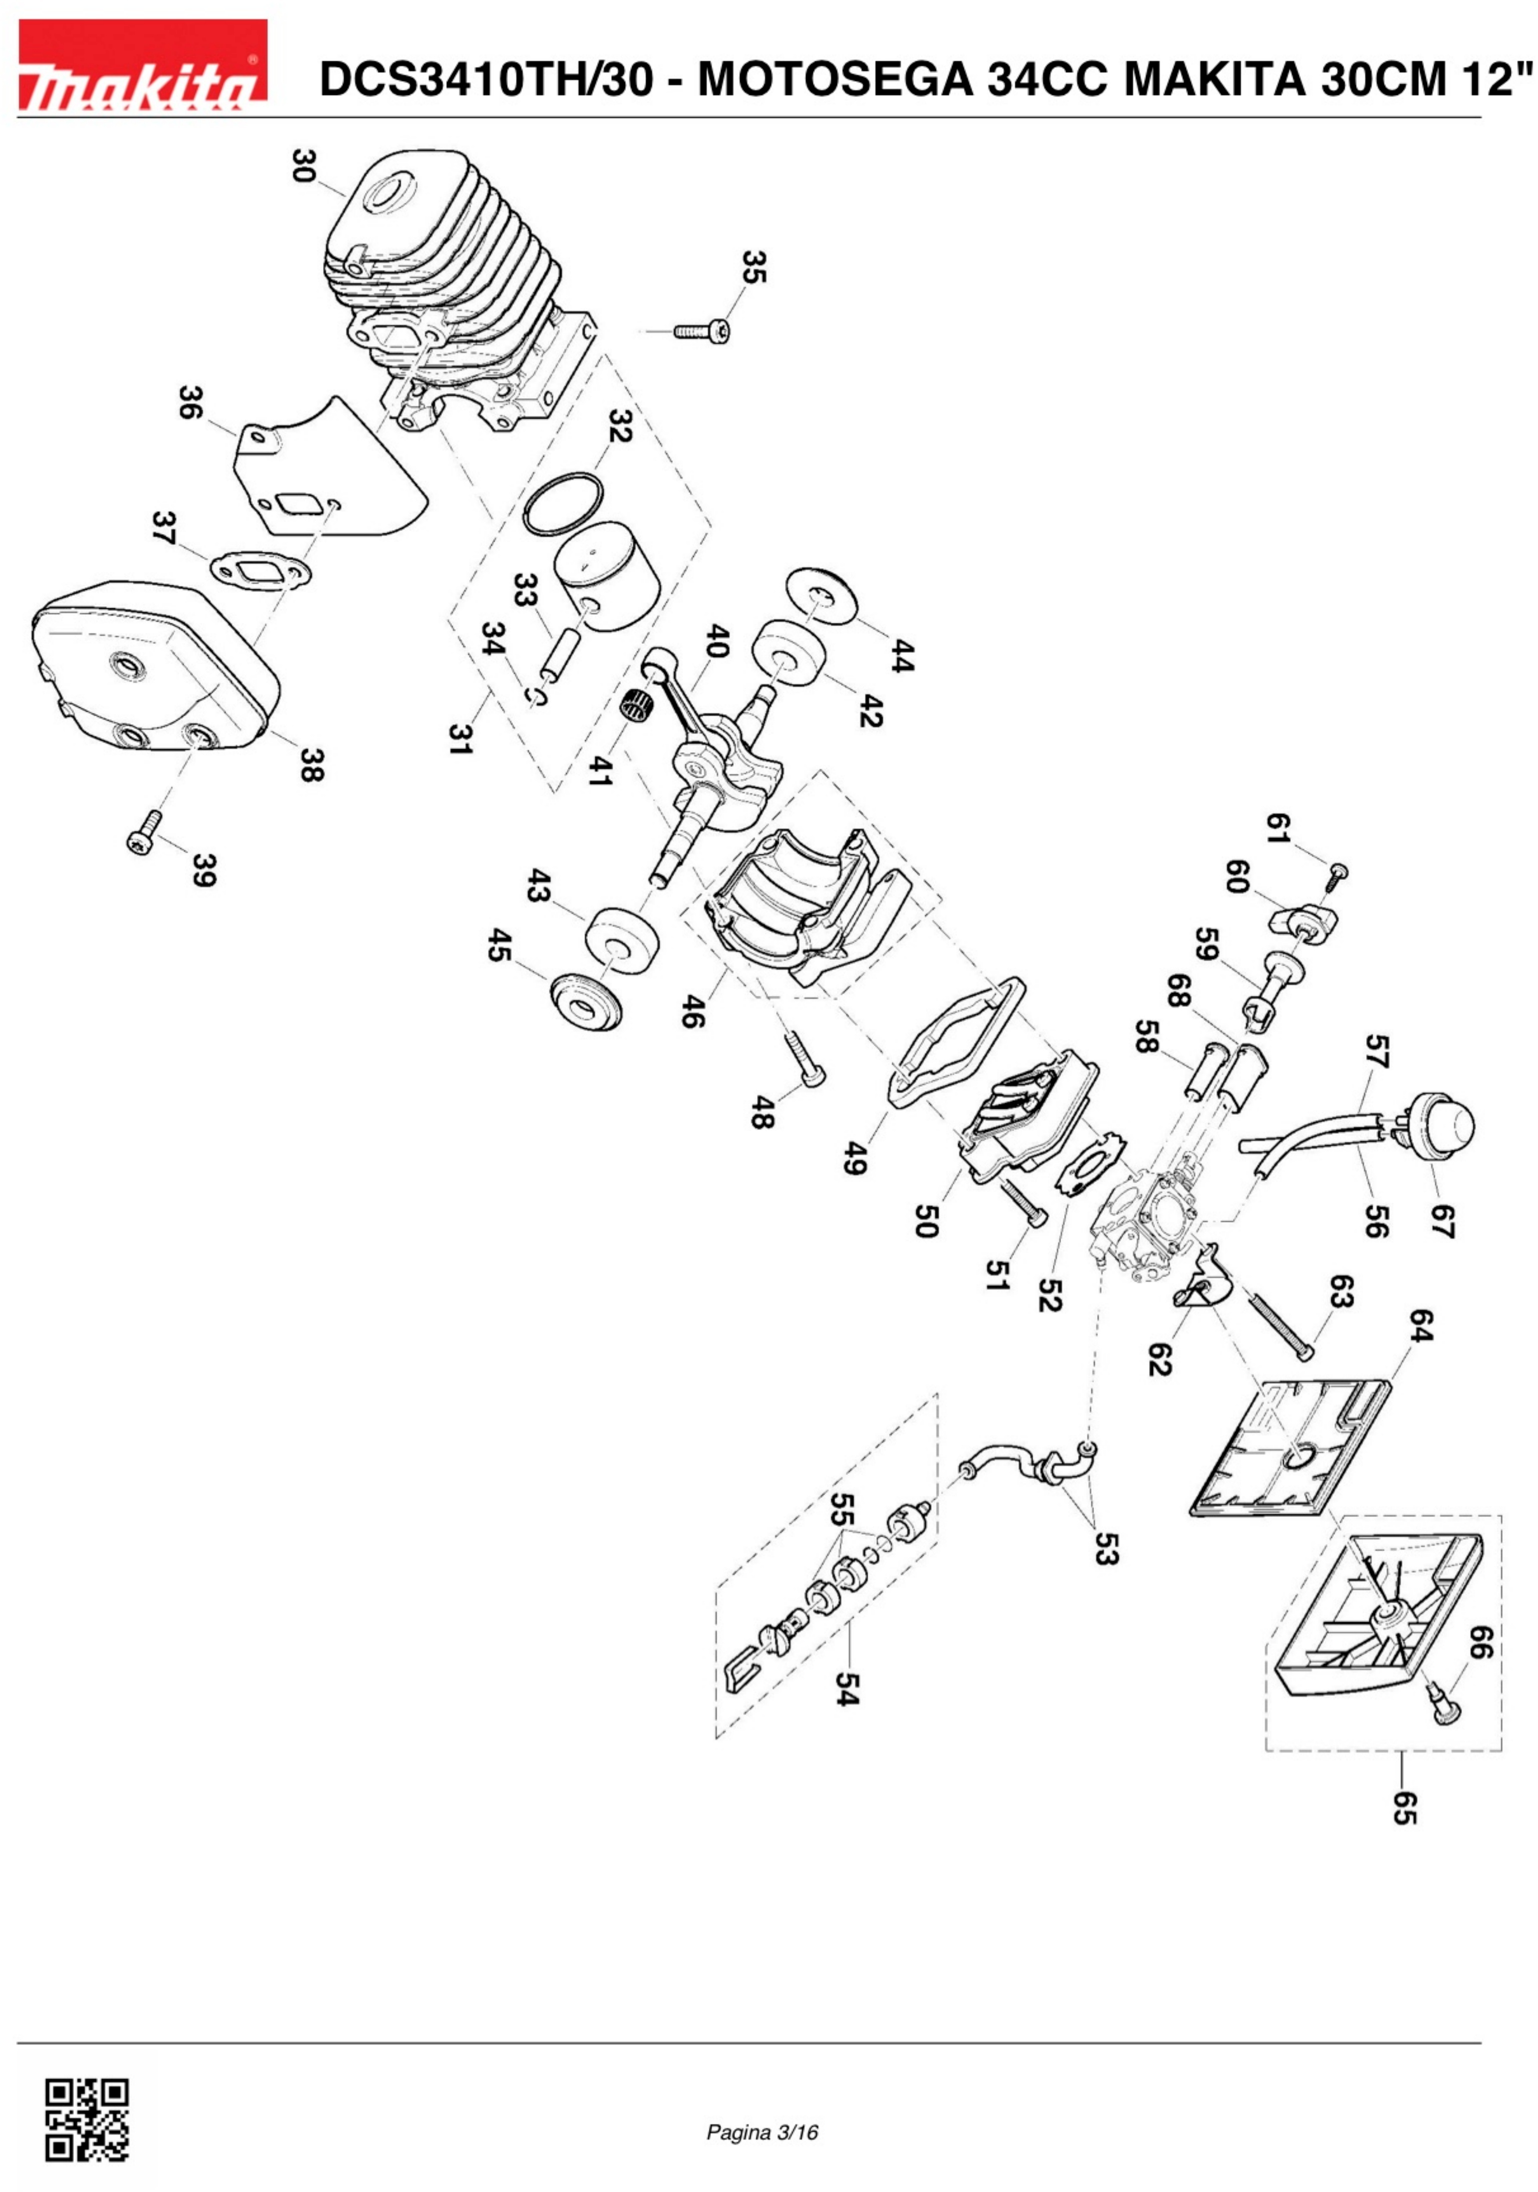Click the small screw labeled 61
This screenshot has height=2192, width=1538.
pos(1338,872)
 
